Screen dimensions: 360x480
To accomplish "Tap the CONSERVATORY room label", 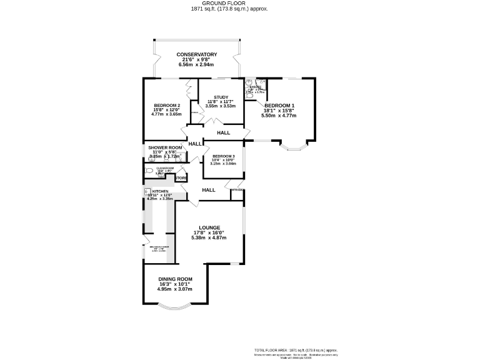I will coord(196,54).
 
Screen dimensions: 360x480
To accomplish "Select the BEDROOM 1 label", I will coord(279,106).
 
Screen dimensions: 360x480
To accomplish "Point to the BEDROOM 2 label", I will coord(167,105).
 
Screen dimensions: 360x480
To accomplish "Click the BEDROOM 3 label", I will coord(223,156).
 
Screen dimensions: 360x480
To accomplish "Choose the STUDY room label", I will coord(221,97).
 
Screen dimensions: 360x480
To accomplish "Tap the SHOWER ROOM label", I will coord(165,147).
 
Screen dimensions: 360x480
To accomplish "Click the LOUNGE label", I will coord(209,227).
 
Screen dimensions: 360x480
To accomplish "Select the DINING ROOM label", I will coord(175,279).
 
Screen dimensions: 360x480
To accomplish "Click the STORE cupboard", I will coord(181,178).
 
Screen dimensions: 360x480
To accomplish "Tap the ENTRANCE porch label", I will coord(237,190).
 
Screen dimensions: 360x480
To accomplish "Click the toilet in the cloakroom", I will coord(149,171).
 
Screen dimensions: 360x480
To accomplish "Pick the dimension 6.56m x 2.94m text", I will coord(196,64).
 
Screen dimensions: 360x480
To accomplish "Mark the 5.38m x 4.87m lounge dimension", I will coord(209,238).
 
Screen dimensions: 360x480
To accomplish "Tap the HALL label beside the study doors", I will coord(223,132).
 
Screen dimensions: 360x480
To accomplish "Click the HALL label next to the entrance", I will coord(208,190).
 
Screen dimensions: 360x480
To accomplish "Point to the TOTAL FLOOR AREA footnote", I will coord(296,350).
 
